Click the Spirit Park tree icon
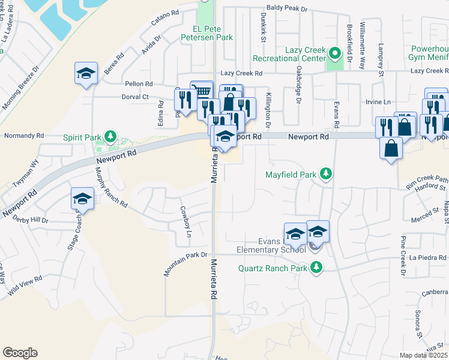click(x=110, y=137)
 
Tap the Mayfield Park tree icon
click(x=326, y=174)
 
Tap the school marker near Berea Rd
click(x=86, y=74)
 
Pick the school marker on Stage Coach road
click(x=82, y=199)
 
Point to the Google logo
click(x=20, y=353)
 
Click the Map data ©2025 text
click(x=424, y=355)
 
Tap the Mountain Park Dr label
click(x=186, y=264)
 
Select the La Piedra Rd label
click(x=428, y=257)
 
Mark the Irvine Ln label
click(x=378, y=102)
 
